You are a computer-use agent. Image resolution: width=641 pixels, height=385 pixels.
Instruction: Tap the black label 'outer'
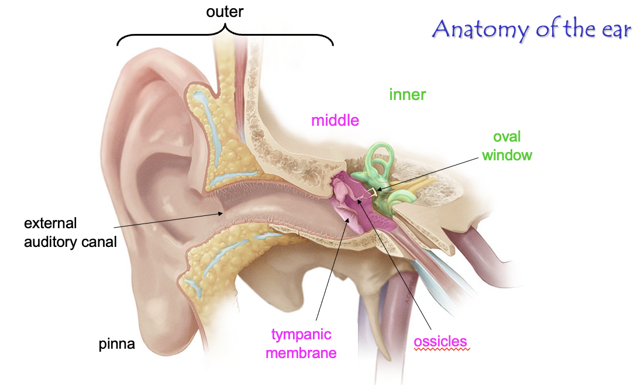click(x=225, y=12)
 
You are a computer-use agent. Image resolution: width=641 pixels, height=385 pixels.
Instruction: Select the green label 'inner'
click(x=408, y=95)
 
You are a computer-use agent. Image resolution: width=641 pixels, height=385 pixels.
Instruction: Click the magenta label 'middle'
click(x=335, y=121)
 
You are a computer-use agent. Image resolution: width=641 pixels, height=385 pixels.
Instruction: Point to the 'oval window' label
click(x=507, y=146)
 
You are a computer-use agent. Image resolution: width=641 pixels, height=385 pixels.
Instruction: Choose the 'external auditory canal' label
click(x=70, y=232)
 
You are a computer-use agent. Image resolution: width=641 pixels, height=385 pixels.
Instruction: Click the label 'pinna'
click(x=116, y=344)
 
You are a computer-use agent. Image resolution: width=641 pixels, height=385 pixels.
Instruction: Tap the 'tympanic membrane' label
click(x=301, y=343)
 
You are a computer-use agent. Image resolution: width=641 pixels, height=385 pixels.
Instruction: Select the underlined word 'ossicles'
click(x=441, y=341)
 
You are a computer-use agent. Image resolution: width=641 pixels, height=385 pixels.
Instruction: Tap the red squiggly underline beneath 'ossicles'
click(x=441, y=349)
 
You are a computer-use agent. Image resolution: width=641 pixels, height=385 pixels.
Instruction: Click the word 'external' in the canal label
click(x=50, y=224)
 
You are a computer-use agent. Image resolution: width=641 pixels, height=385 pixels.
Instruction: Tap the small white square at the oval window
click(x=373, y=191)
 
